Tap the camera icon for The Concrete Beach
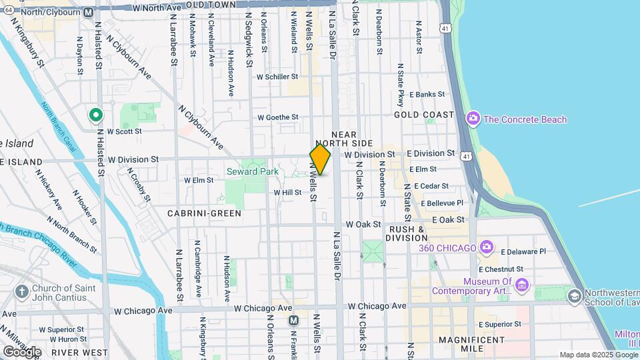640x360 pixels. [473, 119]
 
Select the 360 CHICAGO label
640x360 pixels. [448, 248]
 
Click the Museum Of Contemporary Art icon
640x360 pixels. [522, 285]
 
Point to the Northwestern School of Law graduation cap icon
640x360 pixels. [573, 295]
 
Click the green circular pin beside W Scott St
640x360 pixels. [95, 116]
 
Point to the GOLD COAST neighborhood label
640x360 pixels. [423, 115]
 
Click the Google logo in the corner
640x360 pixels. [22, 351]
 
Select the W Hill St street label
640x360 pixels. [287, 192]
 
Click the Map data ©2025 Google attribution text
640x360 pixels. [599, 355]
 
